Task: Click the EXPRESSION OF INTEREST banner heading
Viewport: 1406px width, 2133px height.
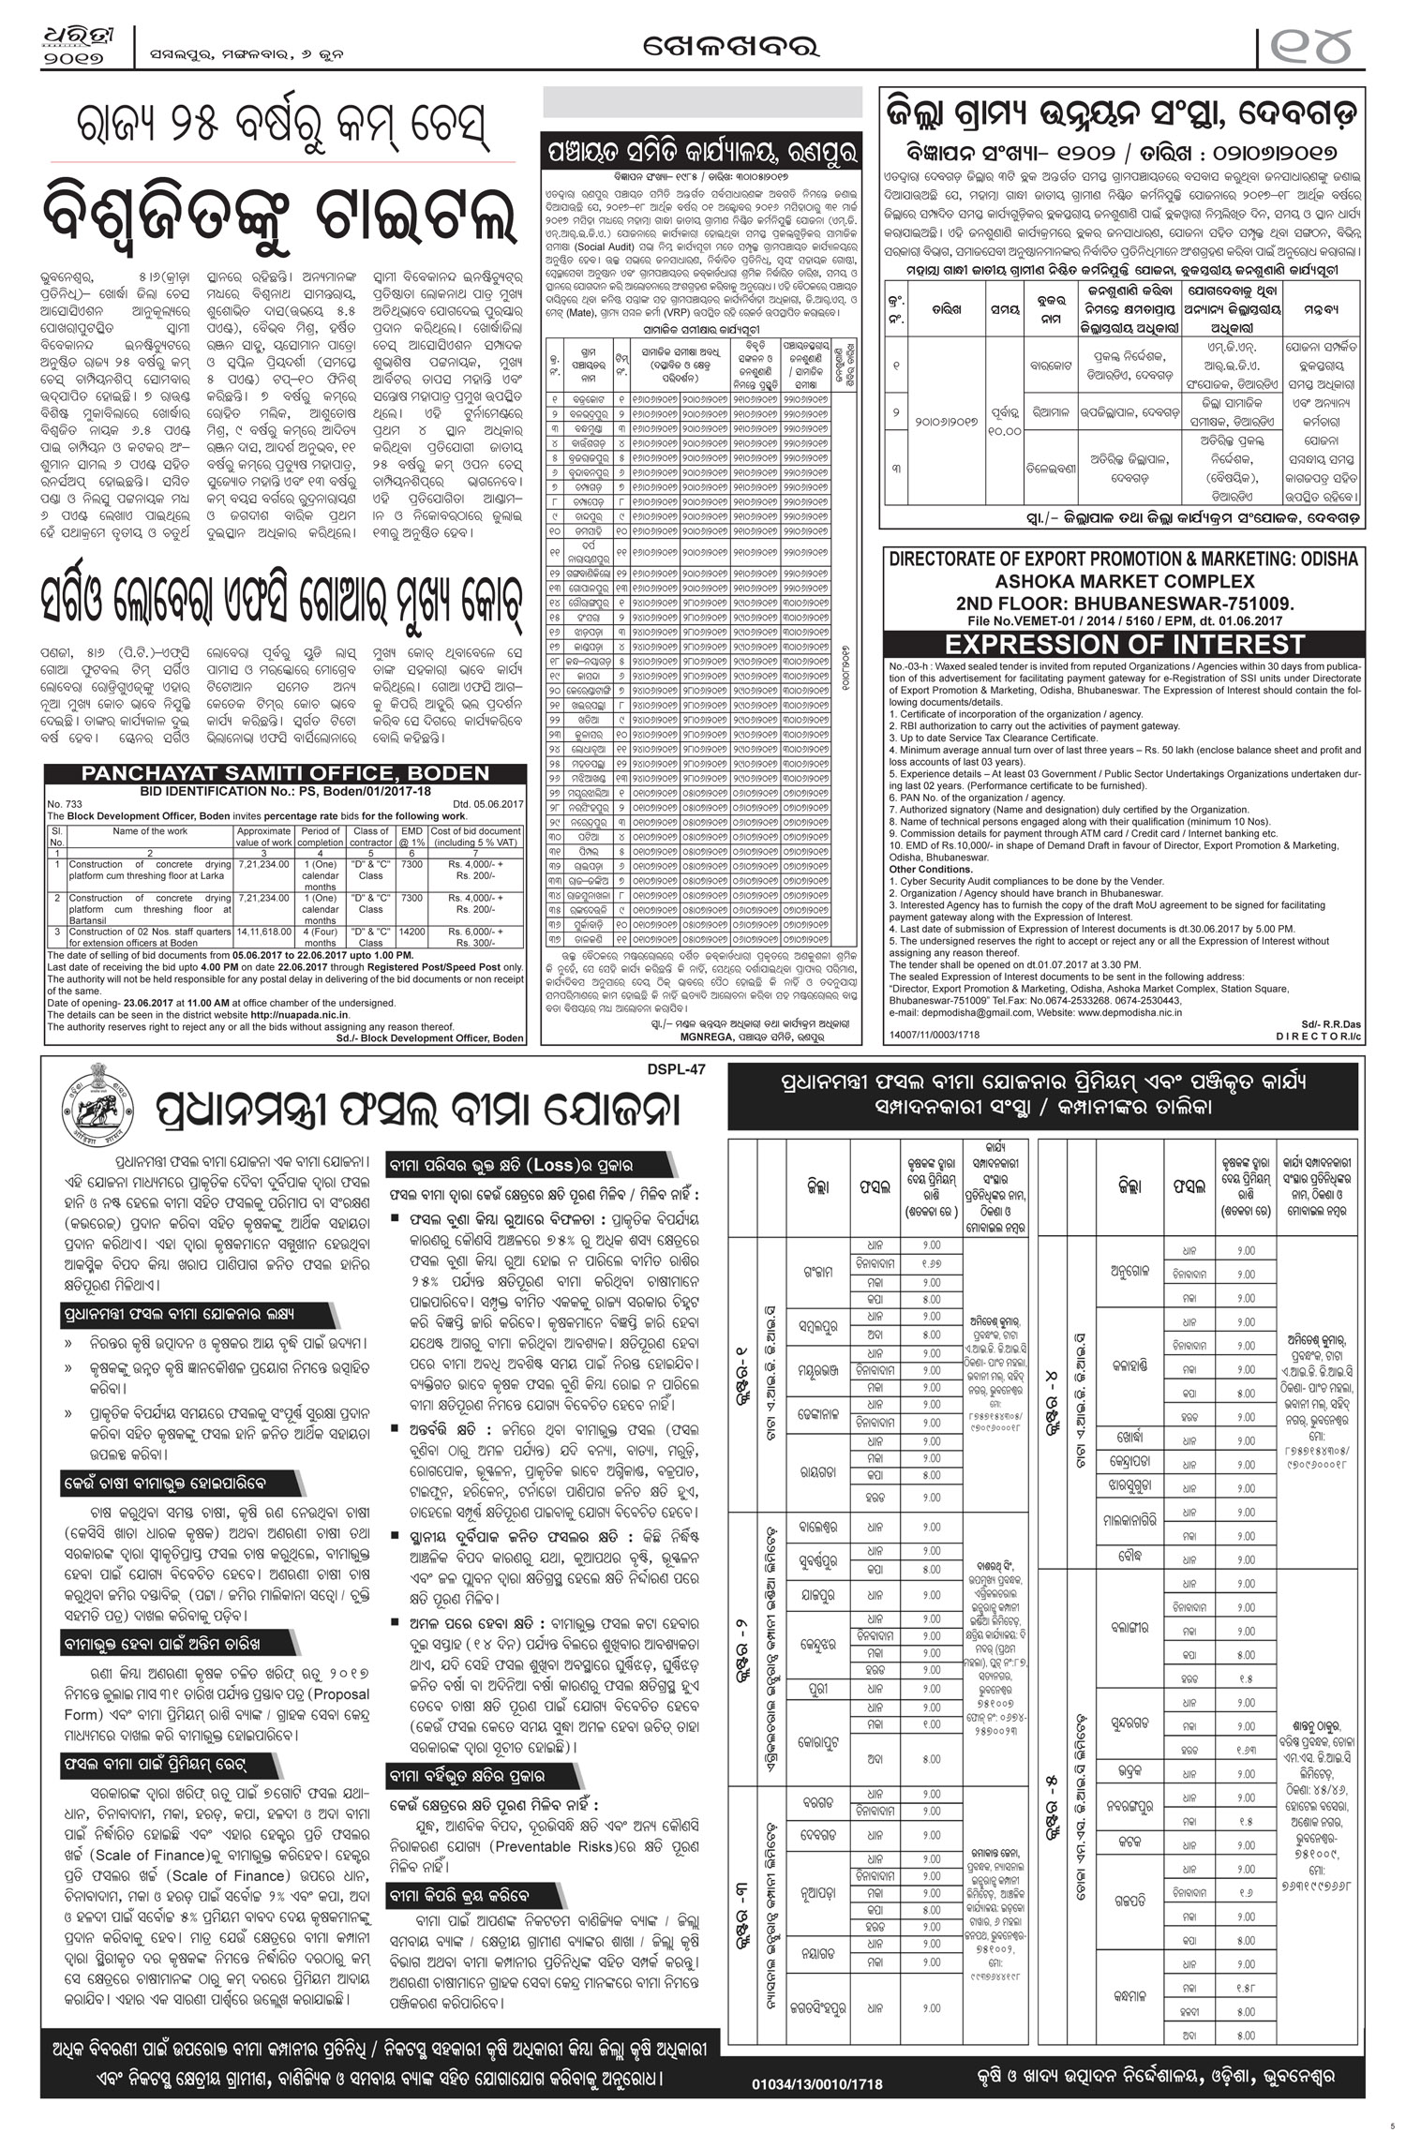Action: pos(1124,645)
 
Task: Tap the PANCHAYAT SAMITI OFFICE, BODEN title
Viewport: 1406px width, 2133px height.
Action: pos(285,773)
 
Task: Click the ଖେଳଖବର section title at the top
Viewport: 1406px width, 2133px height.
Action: pos(703,44)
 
